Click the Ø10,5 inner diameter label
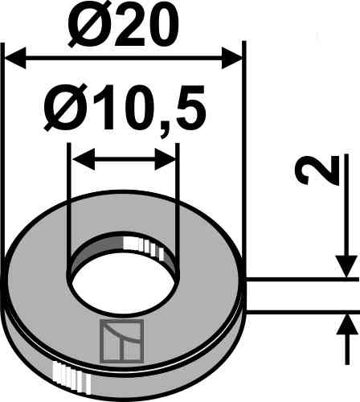point(125,109)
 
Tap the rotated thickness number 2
point(317,172)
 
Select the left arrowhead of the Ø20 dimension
point(15,58)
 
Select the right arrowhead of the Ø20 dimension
point(232,58)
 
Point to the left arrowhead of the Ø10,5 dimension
point(84,159)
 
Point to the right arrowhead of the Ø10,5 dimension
point(165,159)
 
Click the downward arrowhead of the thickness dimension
point(346,266)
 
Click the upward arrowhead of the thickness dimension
point(347,325)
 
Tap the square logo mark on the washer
point(121,341)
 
